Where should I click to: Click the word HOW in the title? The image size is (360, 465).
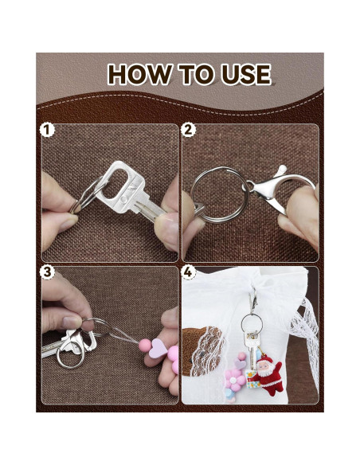point(139,74)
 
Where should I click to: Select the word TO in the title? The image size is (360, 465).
point(196,74)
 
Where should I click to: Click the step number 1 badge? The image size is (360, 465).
point(47,131)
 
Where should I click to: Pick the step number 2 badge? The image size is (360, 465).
point(189,131)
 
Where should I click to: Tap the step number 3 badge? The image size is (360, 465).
point(48,272)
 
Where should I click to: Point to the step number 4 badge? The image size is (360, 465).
point(189,272)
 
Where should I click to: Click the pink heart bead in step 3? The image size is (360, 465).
point(158,349)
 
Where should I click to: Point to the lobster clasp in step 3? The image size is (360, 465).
point(78,341)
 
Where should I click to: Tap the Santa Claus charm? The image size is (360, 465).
point(268,375)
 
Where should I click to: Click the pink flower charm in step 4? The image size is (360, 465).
point(235,380)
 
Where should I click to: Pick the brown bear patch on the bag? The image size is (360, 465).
point(202,350)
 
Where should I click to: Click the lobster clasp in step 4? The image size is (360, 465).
point(253,300)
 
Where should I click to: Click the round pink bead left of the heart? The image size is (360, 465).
point(145,346)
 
